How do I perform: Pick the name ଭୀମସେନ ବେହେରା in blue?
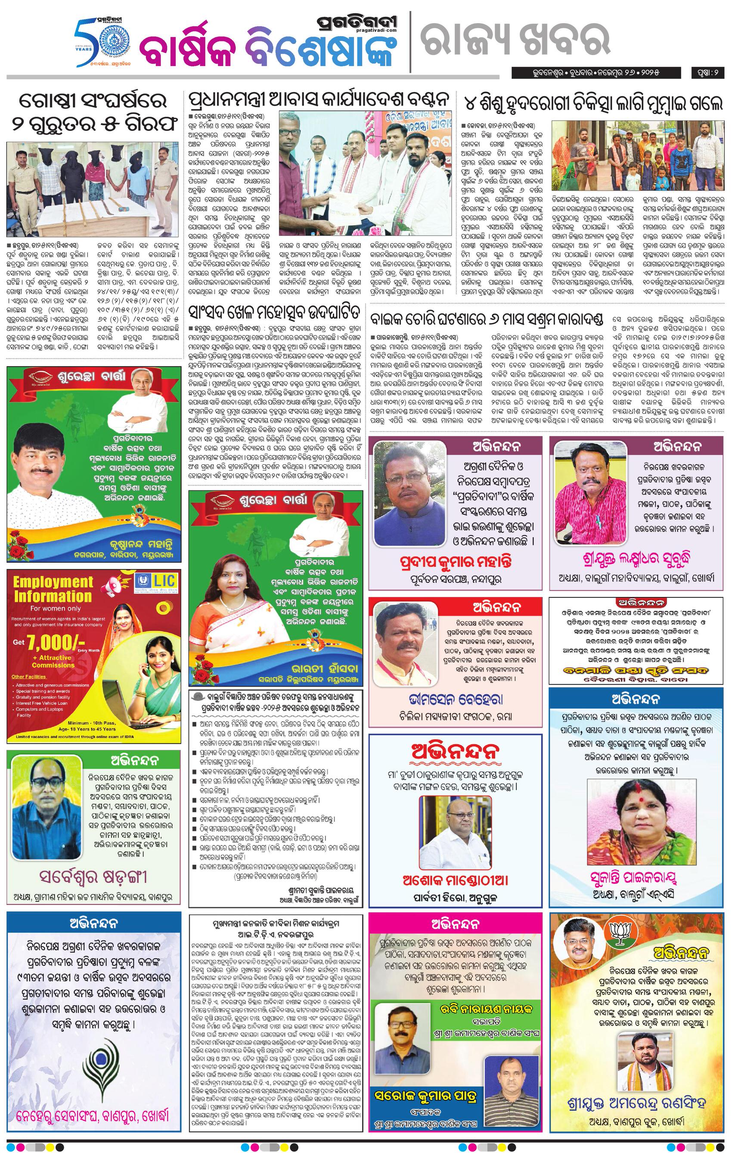[456, 699]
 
